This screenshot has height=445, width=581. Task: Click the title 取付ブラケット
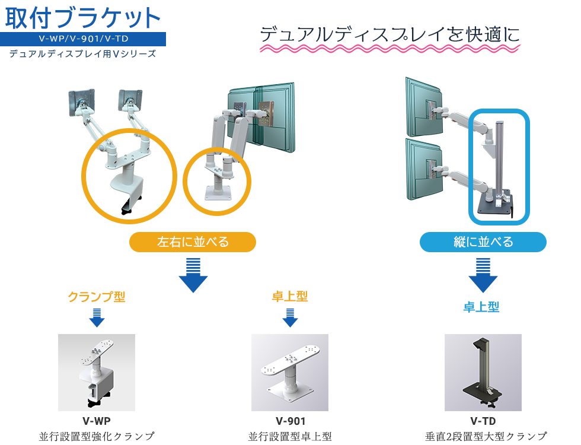[x=83, y=18]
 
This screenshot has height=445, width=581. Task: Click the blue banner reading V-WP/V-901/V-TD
[x=83, y=40]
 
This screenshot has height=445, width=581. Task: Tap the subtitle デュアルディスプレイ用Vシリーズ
[x=83, y=54]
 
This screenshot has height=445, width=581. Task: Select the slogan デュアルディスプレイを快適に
[x=390, y=34]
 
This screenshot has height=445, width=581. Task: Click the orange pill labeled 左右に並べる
[x=193, y=242]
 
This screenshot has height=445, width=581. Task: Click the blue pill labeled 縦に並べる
[x=483, y=242]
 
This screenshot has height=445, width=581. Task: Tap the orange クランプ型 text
[x=97, y=297]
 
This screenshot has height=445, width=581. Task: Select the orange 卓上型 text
[x=290, y=297]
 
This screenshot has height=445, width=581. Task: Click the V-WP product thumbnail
[x=97, y=373]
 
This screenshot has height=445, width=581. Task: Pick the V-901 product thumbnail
[x=290, y=373]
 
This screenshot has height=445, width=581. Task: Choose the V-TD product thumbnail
[x=483, y=373]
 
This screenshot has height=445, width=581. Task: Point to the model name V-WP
[x=97, y=422]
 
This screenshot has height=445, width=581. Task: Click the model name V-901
[x=290, y=422]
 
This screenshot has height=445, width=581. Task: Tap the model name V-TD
[x=483, y=422]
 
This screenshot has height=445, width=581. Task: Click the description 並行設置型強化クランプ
[x=97, y=437]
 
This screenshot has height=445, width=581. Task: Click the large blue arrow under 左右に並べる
[x=193, y=276]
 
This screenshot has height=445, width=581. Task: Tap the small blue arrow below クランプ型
[x=97, y=317]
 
